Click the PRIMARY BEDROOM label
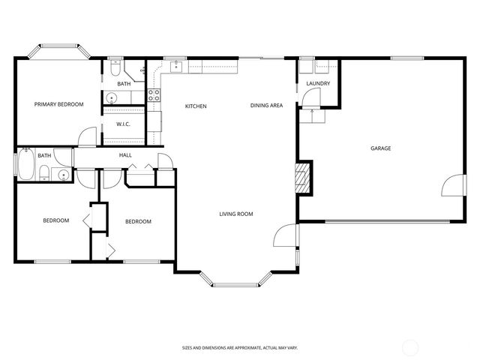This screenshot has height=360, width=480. click(58, 104)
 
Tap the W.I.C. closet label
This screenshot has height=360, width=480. click(124, 124)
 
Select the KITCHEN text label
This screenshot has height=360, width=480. click(196, 106)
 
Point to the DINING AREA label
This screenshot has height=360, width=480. click(266, 106)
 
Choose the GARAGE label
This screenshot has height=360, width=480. click(380, 148)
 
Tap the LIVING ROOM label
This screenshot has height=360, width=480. click(235, 214)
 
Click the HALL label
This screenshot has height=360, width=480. click(125, 155)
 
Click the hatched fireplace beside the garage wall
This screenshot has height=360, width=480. click(302, 179)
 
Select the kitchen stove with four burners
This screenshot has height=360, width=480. click(154, 94)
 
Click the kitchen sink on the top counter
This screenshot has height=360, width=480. click(177, 66)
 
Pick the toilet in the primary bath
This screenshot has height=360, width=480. click(115, 69)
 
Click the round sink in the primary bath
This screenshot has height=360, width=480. click(111, 97)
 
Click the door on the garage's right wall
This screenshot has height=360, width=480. click(452, 186)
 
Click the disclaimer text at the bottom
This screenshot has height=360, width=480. click(240, 347)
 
